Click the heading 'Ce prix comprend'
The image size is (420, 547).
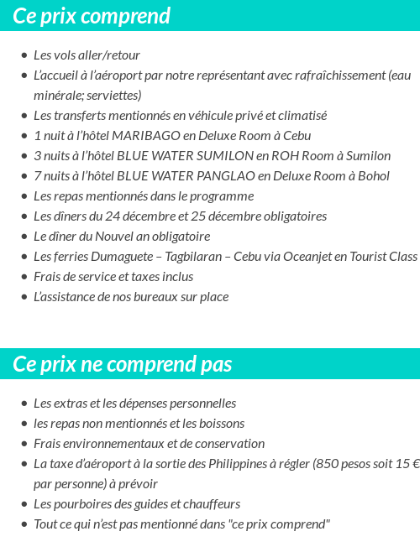point(92,16)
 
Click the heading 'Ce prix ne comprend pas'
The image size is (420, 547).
point(123,364)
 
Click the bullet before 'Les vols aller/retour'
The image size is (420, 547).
point(24,55)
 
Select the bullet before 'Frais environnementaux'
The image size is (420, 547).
point(24,444)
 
